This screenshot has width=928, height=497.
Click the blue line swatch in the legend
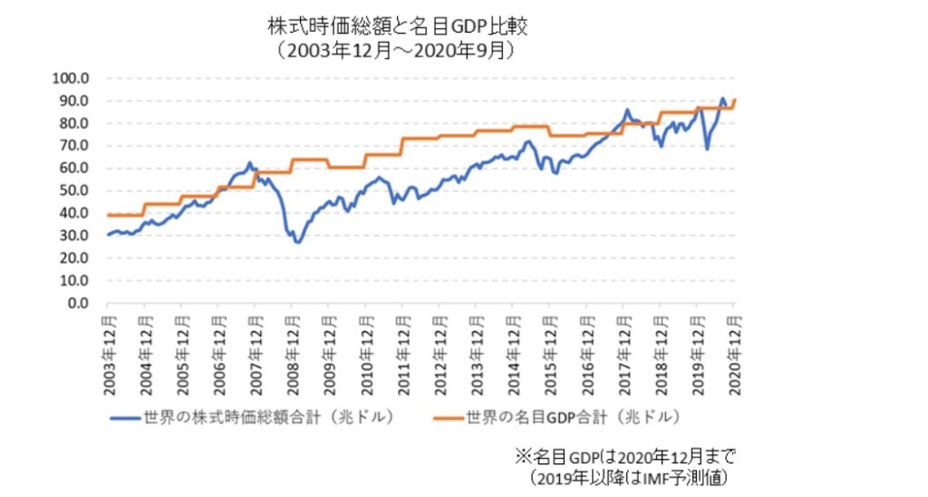point(124,418)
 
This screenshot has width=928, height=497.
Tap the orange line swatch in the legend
point(446,418)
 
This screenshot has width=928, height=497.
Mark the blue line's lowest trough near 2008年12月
point(297,242)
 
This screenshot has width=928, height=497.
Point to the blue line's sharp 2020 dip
point(707,148)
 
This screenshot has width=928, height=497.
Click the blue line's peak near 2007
point(249,163)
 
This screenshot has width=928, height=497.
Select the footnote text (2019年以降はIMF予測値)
point(629,475)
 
